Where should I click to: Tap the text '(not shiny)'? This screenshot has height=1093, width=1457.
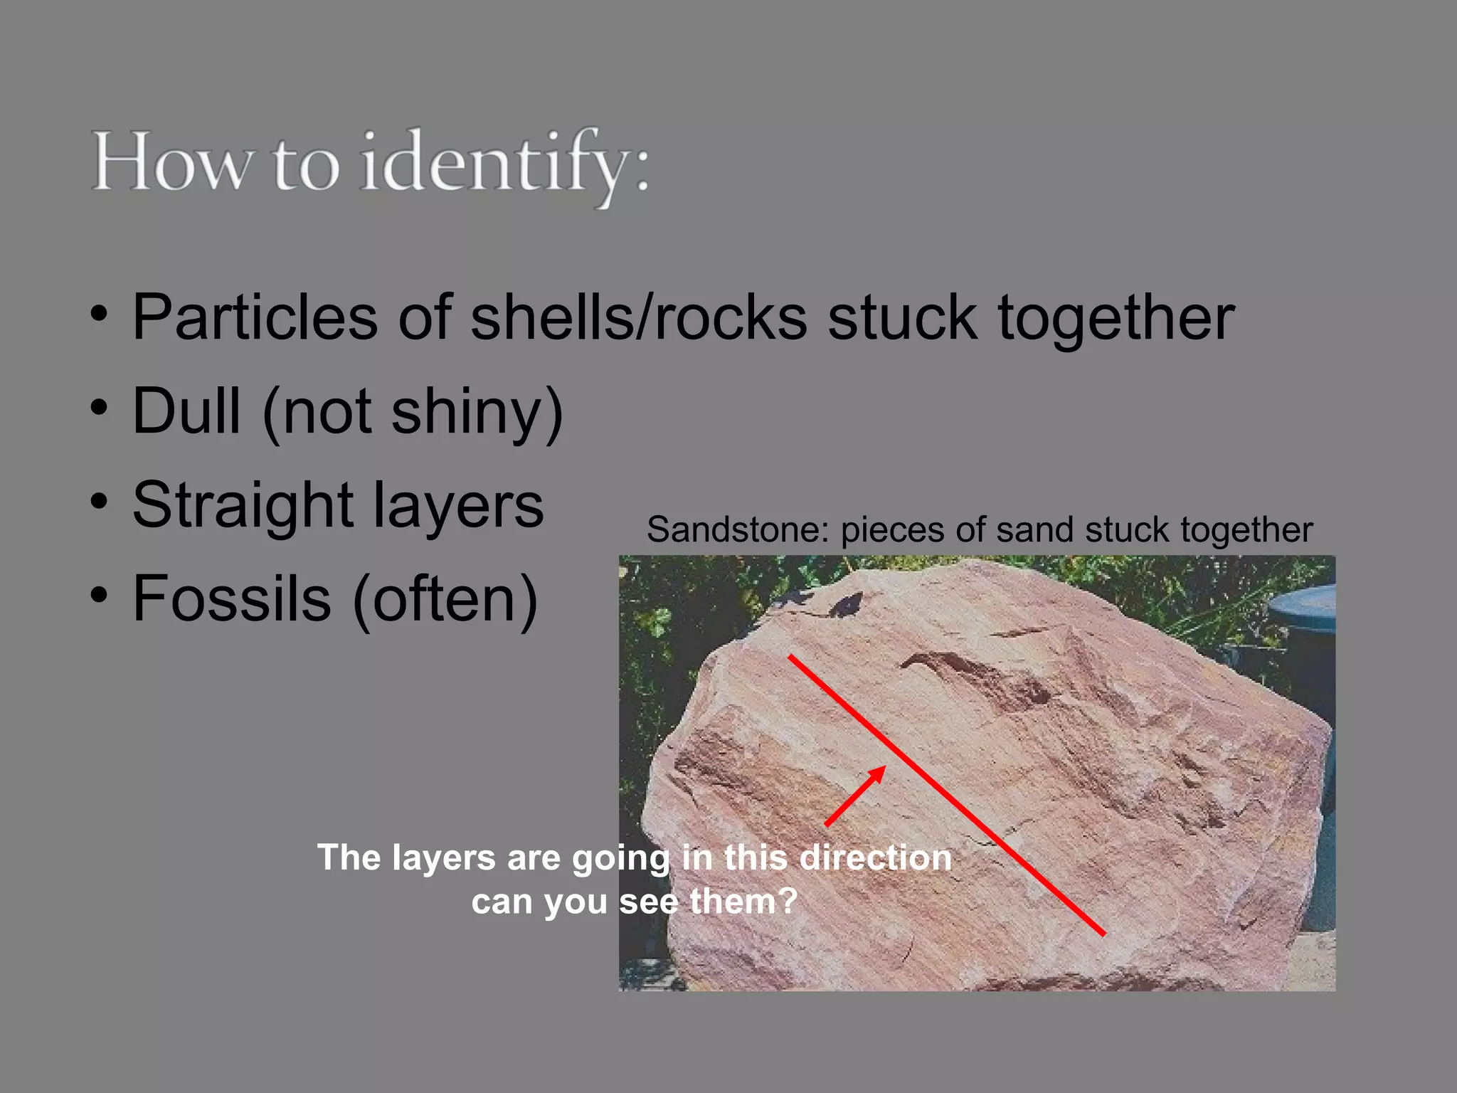(x=413, y=413)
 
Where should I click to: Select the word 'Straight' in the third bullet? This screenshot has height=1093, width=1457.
(x=243, y=505)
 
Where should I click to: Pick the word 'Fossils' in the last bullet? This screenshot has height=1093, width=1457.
(x=231, y=598)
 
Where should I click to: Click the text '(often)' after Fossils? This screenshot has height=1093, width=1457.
(x=445, y=600)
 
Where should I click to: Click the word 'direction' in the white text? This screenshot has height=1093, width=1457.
(x=875, y=857)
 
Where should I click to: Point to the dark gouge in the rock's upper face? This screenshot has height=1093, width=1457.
(x=975, y=676)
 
